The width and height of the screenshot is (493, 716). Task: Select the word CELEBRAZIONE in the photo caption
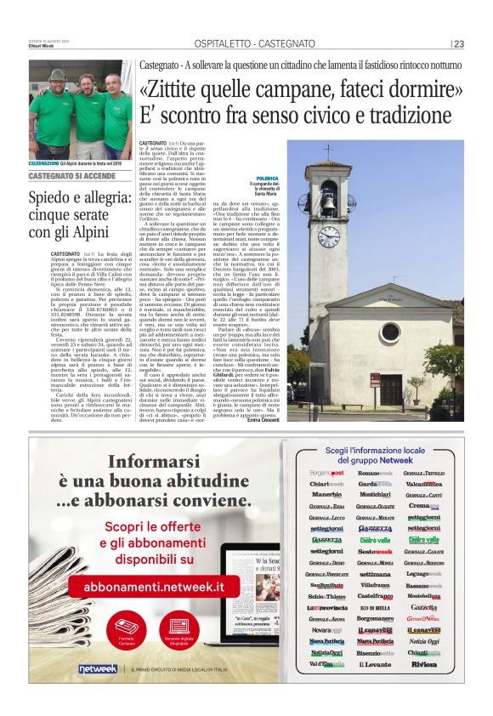(x=44, y=162)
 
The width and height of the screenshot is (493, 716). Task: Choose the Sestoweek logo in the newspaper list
(x=374, y=551)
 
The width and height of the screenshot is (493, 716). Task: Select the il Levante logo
(x=375, y=663)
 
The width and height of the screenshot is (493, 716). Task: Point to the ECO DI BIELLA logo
(x=375, y=607)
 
